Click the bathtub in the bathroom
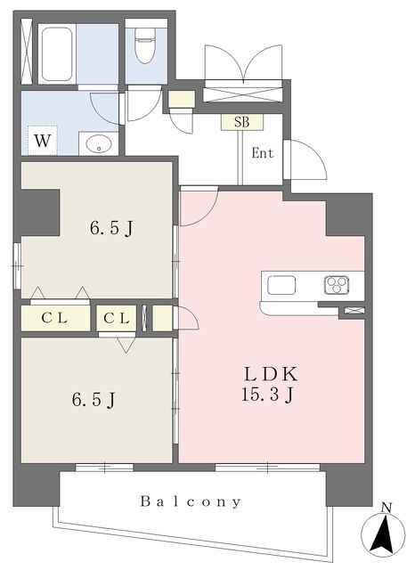[x=56, y=53]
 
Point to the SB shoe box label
[x=241, y=123]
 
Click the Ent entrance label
[x=262, y=152]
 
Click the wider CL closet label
[x=54, y=318]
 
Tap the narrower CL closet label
[x=117, y=318]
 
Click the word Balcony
[x=191, y=501]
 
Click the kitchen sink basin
[x=281, y=286]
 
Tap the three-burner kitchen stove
[x=336, y=286]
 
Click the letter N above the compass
[x=386, y=508]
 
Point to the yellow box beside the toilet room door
[x=181, y=99]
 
